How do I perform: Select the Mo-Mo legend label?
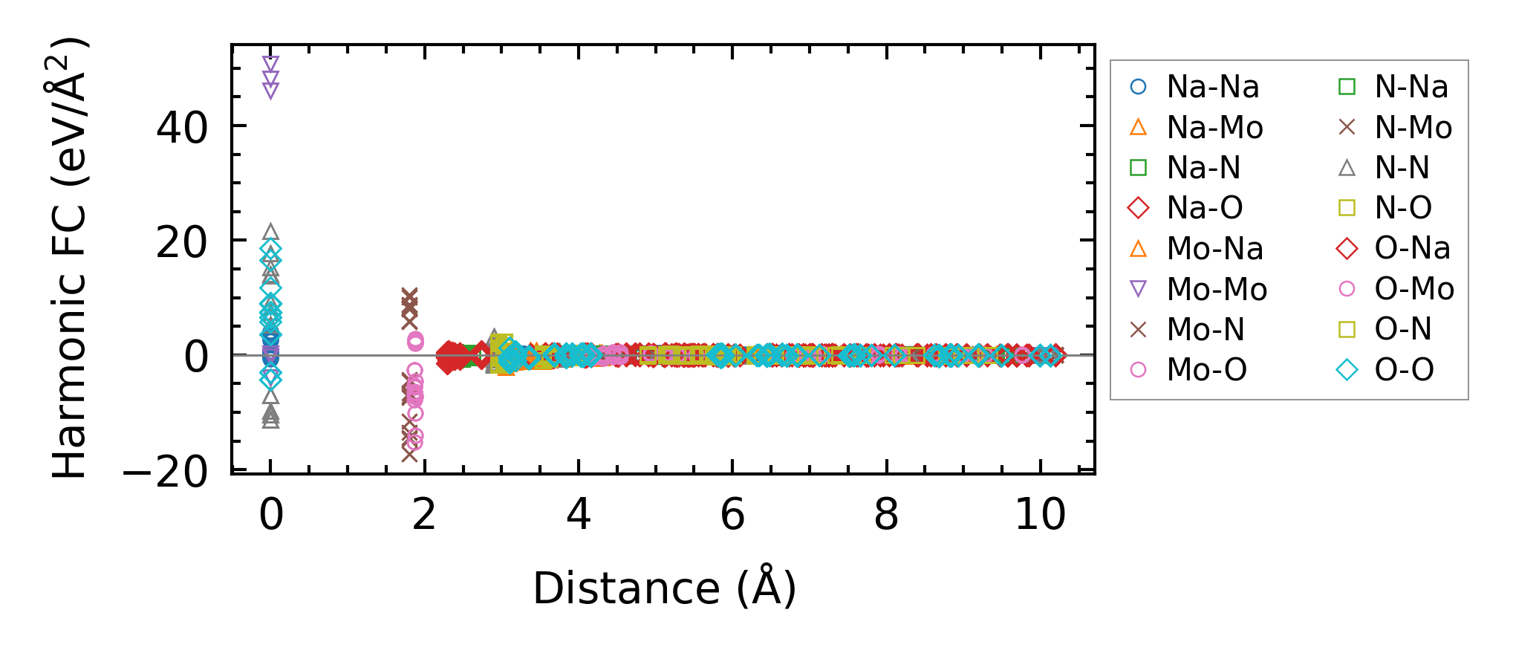tap(1216, 289)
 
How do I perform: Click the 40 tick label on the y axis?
tap(182, 128)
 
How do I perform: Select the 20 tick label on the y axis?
tap(182, 242)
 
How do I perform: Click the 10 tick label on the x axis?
tap(1040, 514)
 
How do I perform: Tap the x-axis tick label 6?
tap(732, 514)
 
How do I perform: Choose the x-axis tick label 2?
tap(424, 514)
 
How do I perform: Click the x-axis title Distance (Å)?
tap(664, 588)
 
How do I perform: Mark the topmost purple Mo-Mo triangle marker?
tap(271, 63)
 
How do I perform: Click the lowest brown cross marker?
tap(409, 452)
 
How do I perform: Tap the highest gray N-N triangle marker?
tap(271, 232)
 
